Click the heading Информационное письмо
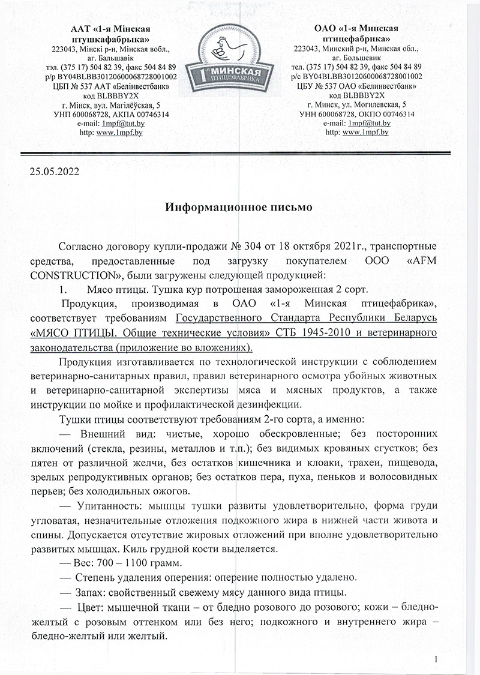tap(239, 208)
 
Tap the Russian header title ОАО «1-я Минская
tap(358, 29)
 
